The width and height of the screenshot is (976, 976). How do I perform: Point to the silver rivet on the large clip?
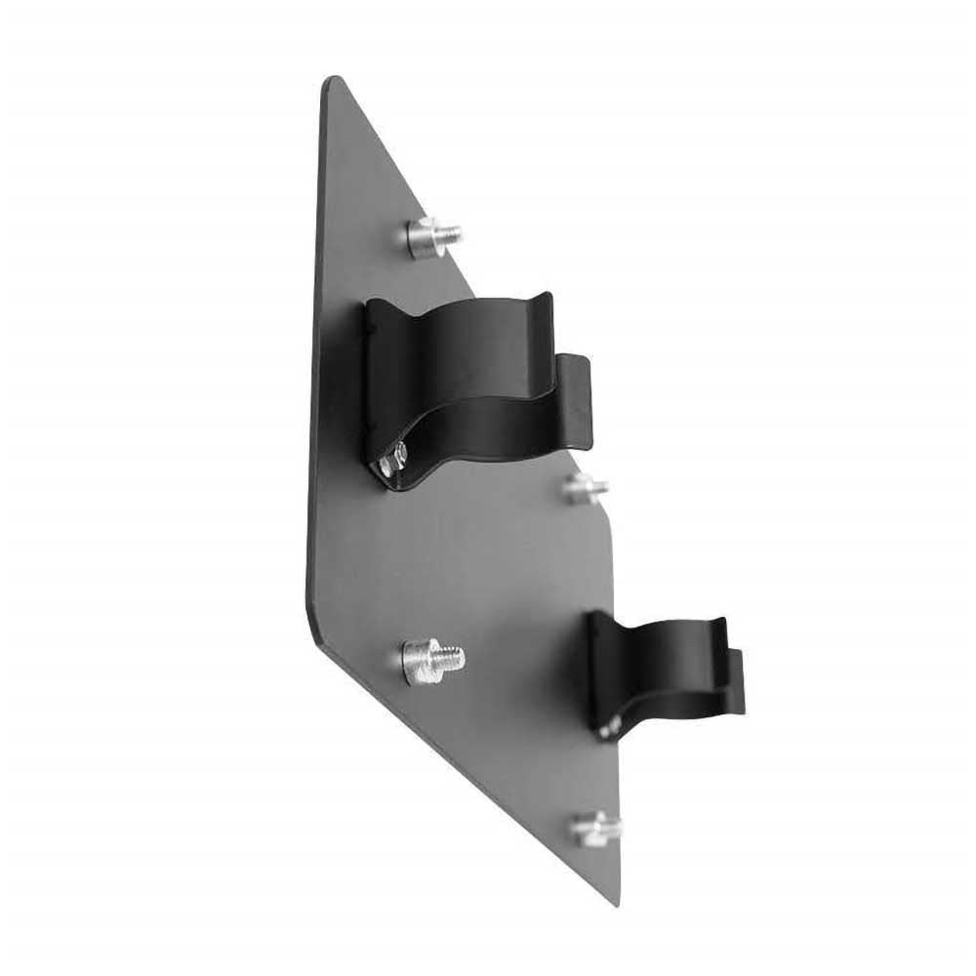[394, 460]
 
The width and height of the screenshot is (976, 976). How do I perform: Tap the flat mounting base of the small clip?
[597, 673]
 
